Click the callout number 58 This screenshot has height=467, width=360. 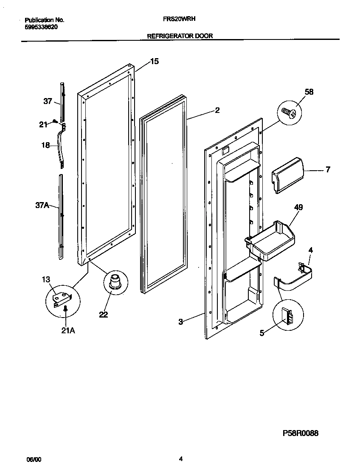click(309, 92)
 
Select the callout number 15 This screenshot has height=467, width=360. click(154, 62)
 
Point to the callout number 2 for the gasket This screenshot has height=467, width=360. click(217, 110)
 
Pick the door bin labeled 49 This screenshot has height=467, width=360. click(270, 240)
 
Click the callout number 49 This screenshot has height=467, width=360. click(298, 207)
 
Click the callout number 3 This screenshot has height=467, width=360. click(180, 322)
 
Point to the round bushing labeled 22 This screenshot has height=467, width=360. click(114, 282)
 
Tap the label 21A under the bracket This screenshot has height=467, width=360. click(68, 330)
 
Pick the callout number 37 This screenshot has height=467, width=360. click(48, 101)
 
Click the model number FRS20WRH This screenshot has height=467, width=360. click(179, 19)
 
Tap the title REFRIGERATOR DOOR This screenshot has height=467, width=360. click(180, 36)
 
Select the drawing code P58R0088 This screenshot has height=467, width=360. click(300, 433)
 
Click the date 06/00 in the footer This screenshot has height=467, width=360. click(34, 459)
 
